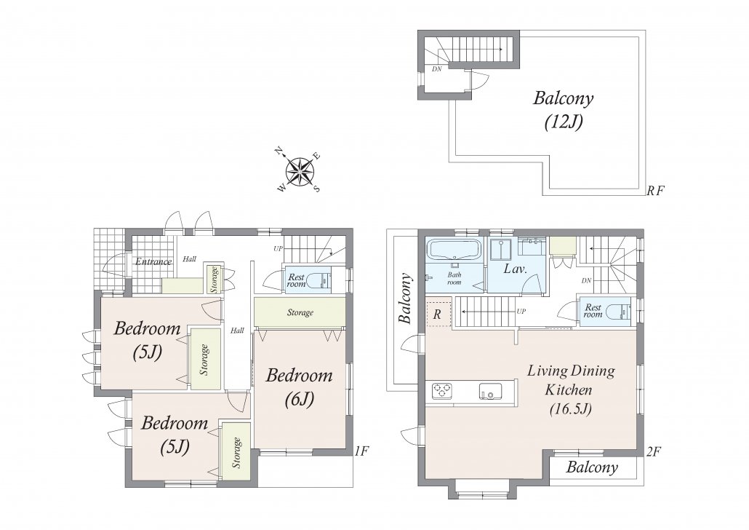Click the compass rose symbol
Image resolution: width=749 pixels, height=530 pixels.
point(300,171)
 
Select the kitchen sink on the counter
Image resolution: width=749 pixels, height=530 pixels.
point(491,391)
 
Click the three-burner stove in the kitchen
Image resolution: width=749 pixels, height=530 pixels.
point(443,391)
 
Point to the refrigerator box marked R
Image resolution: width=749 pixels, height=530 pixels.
point(438,313)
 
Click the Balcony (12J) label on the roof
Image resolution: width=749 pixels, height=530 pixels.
point(564,110)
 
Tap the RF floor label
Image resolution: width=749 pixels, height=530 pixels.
point(655,191)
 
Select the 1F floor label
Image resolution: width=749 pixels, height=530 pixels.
point(362,451)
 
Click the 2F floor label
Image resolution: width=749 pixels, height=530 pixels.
point(654,451)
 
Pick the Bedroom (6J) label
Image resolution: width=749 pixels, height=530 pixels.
point(299,387)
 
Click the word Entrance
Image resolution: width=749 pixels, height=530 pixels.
point(153,261)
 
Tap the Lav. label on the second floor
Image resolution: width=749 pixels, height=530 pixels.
point(516,269)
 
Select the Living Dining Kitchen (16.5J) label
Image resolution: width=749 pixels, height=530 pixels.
point(571,389)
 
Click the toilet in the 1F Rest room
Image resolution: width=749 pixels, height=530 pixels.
point(318,280)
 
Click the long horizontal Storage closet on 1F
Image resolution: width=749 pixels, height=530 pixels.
point(300,312)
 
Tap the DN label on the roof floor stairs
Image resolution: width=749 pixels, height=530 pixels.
point(436,69)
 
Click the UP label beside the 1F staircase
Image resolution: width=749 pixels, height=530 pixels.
point(278,248)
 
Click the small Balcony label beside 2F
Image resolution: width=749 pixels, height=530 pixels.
point(592,467)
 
